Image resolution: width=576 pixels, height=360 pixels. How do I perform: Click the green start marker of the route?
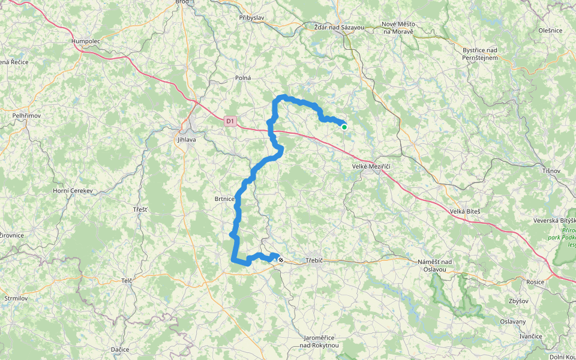point(344,127)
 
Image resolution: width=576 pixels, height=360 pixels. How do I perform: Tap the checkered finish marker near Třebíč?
point(280,260)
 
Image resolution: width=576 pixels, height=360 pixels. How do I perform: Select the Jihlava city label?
point(187,140)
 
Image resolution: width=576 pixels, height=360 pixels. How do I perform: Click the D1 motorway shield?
point(230,121)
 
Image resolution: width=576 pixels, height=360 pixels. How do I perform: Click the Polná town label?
point(243,78)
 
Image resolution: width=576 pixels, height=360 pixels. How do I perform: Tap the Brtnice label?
point(224,198)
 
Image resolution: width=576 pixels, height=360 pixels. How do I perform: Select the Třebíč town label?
point(314,260)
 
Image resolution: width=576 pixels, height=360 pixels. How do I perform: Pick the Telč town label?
point(126,280)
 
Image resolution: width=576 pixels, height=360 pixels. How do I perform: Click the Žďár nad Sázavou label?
point(339,28)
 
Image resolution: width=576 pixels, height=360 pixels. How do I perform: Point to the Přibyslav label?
point(252,19)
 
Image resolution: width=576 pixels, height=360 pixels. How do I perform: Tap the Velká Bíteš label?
point(465,211)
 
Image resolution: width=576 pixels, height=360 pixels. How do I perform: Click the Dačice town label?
point(121,349)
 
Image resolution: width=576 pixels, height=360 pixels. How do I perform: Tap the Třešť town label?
point(140,209)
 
